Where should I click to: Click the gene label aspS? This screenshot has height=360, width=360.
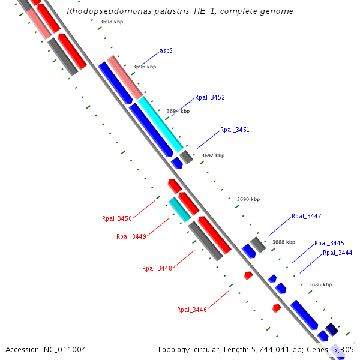pyautogui.click(x=166, y=51)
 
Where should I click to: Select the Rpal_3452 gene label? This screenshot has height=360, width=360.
pyautogui.click(x=210, y=97)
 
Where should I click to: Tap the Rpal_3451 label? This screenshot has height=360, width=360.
pyautogui.click(x=235, y=130)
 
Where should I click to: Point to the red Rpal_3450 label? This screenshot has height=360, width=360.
pyautogui.click(x=117, y=219)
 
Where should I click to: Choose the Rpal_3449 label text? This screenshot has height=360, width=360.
pyautogui.click(x=131, y=236)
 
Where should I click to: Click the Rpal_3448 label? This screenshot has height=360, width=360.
pyautogui.click(x=157, y=268)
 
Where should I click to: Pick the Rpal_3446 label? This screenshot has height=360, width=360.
pyautogui.click(x=192, y=310)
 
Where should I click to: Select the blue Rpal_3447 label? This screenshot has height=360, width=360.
pyautogui.click(x=307, y=216)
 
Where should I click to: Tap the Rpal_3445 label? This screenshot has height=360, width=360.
pyautogui.click(x=329, y=243)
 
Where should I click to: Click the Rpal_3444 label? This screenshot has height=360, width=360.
pyautogui.click(x=338, y=253)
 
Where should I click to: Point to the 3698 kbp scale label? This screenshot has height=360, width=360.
pyautogui.click(x=111, y=22)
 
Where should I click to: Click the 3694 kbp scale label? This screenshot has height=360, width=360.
pyautogui.click(x=178, y=111)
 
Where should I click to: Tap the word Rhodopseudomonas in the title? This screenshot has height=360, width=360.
pyautogui.click(x=103, y=11)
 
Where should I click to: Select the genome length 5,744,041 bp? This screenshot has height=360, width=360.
pyautogui.click(x=268, y=349)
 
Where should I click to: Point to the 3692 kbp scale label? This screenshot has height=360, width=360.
pyautogui.click(x=213, y=155)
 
